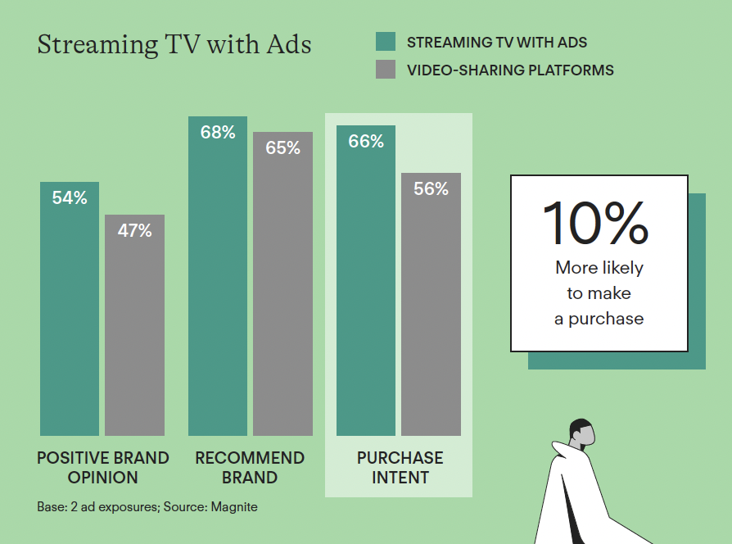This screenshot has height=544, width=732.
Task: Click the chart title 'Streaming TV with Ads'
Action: (174, 45)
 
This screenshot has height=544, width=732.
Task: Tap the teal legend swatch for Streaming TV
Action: (386, 42)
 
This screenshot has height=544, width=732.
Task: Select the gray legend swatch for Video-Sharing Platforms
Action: (386, 69)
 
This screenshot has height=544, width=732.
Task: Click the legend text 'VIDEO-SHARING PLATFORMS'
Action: (510, 70)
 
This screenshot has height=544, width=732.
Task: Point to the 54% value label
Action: (70, 197)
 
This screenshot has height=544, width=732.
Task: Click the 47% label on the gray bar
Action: (134, 230)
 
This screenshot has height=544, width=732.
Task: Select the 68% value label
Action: (218, 132)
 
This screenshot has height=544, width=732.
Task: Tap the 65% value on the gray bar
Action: (283, 148)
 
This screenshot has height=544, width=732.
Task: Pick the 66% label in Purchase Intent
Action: (366, 141)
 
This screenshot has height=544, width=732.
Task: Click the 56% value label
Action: (431, 188)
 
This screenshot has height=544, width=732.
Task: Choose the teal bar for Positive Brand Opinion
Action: (70, 309)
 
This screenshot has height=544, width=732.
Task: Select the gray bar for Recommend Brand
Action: (283, 284)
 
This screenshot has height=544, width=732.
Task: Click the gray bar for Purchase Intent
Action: (431, 305)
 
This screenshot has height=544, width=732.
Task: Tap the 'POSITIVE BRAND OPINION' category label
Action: (102, 468)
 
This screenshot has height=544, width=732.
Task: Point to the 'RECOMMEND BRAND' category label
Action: (250, 468)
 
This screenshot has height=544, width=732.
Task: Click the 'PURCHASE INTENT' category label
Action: (400, 468)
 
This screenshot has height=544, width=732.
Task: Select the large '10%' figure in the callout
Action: (596, 223)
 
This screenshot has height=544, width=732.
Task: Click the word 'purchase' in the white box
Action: (606, 319)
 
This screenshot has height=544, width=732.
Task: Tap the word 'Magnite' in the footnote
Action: (234, 507)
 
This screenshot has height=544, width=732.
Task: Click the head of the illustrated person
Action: (581, 432)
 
